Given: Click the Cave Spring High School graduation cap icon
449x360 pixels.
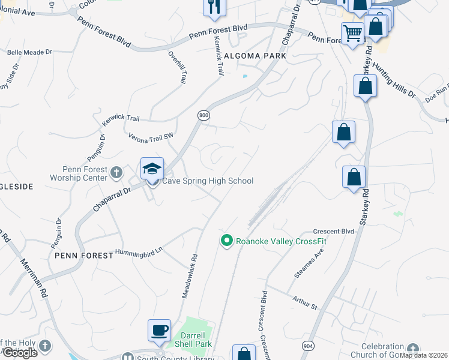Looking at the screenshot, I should click(x=152, y=169).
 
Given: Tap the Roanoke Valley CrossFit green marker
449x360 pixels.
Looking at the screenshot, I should click(x=226, y=241).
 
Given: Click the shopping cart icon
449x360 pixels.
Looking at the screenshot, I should click(x=352, y=34).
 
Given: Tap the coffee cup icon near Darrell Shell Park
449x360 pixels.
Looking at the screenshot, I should click(x=160, y=331).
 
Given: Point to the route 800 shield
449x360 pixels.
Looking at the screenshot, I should click(x=203, y=115).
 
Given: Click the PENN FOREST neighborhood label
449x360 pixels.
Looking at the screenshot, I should click(x=83, y=256).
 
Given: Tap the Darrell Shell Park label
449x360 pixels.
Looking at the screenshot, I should click(x=193, y=340).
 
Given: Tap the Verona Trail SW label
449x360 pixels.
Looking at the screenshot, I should click(x=151, y=137).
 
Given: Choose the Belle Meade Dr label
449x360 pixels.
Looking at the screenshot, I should click(x=26, y=53).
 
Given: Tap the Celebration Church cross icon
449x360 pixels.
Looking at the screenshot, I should click(x=412, y=349).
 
